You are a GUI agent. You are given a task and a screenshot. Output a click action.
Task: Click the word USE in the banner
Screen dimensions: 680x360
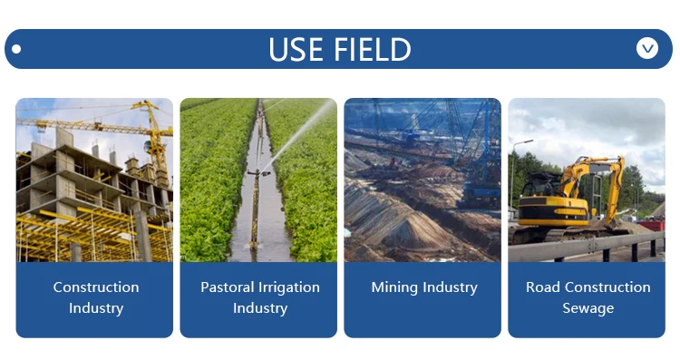click(x=296, y=49)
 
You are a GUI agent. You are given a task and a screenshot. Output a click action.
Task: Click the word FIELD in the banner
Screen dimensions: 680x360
click(x=373, y=49)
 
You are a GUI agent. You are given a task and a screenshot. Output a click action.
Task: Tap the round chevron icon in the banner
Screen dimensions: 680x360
click(x=647, y=48)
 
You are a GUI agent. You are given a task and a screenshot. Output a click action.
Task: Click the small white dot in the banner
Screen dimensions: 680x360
click(x=16, y=49)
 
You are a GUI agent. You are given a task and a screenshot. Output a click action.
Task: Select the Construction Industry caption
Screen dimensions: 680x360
click(x=96, y=297)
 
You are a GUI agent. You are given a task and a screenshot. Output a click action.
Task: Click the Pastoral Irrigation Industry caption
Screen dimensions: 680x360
click(x=260, y=297)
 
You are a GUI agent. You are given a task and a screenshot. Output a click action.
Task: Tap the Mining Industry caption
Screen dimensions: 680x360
click(x=424, y=287)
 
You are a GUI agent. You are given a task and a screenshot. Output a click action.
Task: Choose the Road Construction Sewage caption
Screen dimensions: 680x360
click(x=588, y=297)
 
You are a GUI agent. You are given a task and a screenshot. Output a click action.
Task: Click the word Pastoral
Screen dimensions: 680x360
click(x=228, y=287)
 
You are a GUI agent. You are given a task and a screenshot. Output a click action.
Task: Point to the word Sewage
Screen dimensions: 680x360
click(x=588, y=308)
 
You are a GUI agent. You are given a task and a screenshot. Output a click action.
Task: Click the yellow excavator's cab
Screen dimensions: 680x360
click(x=541, y=190)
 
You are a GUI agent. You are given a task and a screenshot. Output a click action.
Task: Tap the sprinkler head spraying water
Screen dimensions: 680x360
click(x=259, y=172)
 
